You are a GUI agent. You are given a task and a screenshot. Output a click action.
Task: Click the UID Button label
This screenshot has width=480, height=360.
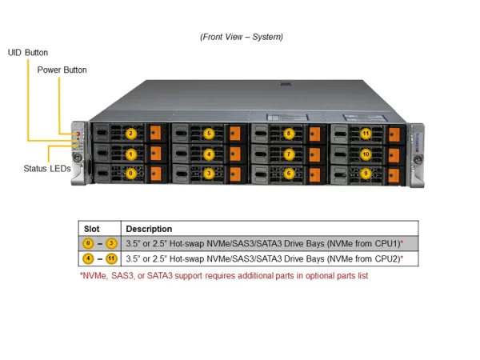[x=28, y=52]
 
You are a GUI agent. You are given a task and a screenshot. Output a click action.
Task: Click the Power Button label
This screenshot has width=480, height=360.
[x=62, y=70]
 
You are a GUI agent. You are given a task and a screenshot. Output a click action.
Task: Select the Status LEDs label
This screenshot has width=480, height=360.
[x=47, y=169]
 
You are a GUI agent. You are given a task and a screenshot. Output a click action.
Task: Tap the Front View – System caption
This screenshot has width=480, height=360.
[x=240, y=37]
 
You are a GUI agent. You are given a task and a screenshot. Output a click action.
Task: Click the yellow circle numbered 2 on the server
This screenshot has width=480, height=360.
[x=130, y=134]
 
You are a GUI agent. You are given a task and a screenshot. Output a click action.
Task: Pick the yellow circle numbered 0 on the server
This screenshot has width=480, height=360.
[x=130, y=172]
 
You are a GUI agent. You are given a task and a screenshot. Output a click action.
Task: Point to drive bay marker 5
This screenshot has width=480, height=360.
[x=209, y=134]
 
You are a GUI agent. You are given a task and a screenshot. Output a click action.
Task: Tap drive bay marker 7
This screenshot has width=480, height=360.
[x=289, y=153]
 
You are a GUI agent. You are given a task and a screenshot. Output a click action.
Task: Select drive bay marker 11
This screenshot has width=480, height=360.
[x=366, y=134]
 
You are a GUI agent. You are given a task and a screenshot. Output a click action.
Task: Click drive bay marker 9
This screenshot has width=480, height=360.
[x=366, y=172]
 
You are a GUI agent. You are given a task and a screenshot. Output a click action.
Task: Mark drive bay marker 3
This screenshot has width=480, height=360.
[x=209, y=172]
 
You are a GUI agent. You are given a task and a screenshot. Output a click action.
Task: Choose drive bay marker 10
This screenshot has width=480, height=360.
[x=366, y=153]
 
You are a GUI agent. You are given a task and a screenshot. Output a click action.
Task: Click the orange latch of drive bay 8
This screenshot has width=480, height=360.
[x=314, y=134]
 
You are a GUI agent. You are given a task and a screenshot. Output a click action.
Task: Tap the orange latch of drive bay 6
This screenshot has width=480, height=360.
[x=314, y=172]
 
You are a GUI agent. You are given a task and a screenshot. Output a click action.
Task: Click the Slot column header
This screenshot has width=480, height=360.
[x=92, y=229]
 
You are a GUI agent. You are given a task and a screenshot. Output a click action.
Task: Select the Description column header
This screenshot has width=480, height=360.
[x=149, y=229]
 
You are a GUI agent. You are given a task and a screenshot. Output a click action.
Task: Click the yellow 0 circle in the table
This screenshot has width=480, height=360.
[x=88, y=243]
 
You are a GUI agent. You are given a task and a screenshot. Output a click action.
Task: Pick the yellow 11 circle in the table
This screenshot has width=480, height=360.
[x=111, y=258]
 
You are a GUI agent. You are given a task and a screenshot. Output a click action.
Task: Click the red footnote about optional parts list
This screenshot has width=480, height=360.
[x=223, y=275]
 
